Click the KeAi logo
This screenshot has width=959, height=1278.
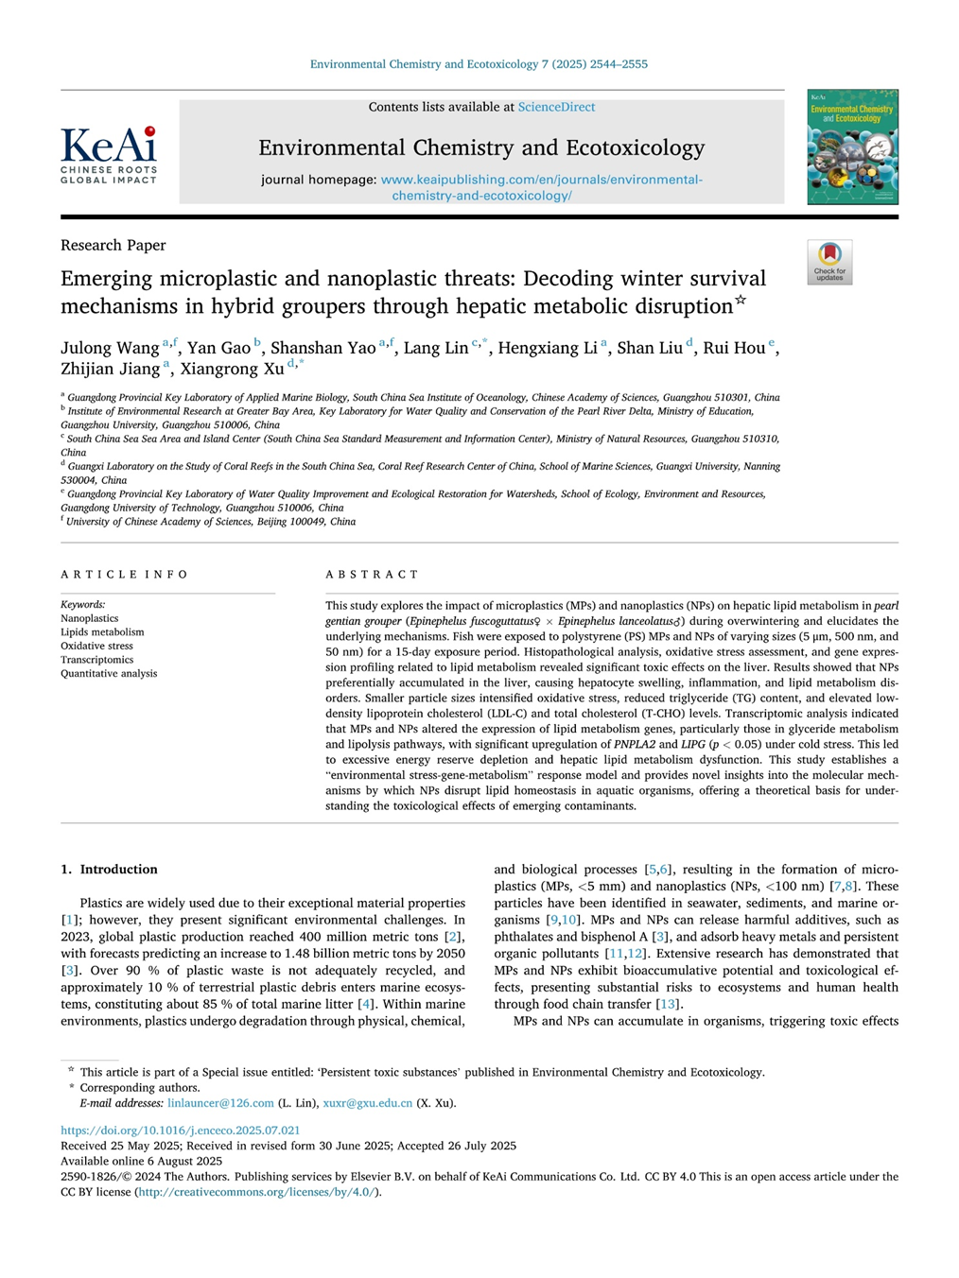[x=109, y=155]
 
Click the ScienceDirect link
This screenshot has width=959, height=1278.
[x=556, y=108]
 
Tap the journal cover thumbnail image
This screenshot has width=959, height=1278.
[x=852, y=147]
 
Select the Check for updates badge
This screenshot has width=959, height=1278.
[x=829, y=262]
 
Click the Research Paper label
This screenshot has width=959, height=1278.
[x=113, y=246]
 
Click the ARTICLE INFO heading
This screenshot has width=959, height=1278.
[x=124, y=575]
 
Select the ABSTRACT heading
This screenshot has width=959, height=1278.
[x=372, y=575]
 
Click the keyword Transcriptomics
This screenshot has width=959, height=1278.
[x=96, y=660]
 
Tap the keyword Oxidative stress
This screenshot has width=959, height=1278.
[x=96, y=646]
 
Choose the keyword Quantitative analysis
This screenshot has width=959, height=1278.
[x=109, y=674]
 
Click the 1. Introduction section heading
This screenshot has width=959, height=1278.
[x=109, y=870]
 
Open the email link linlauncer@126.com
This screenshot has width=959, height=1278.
[x=220, y=1103]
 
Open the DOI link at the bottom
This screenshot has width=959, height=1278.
[x=180, y=1131]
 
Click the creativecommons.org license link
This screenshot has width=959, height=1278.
[x=258, y=1192]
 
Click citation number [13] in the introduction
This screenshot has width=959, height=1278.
[x=667, y=1004]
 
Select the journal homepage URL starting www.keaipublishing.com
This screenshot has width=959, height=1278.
[x=541, y=180]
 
